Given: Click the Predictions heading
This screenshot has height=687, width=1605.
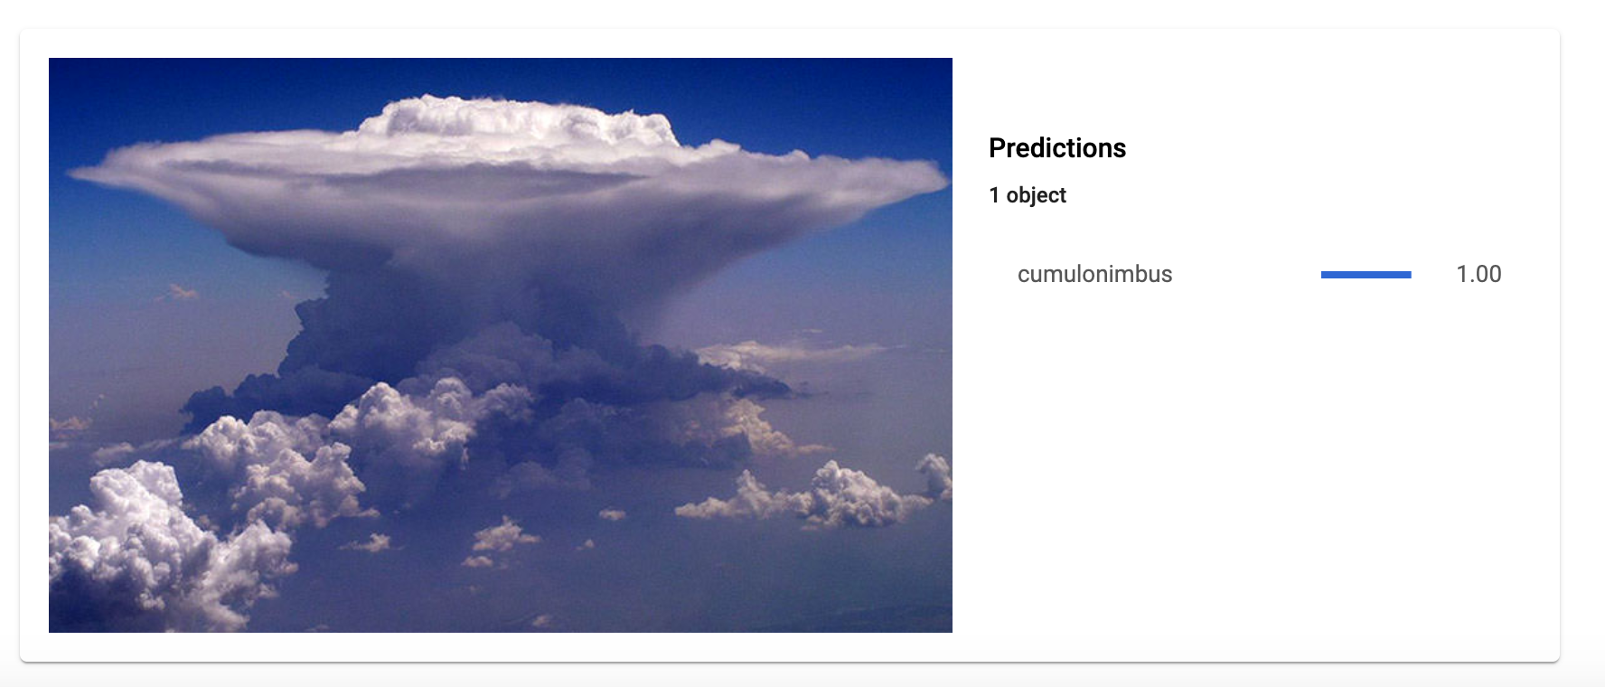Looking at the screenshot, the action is tap(1057, 147).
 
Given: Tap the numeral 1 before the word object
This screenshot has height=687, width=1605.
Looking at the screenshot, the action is tap(994, 195).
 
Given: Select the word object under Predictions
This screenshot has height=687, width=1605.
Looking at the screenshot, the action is tap(1037, 196).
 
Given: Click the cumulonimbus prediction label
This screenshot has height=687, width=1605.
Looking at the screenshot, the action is tap(1094, 274).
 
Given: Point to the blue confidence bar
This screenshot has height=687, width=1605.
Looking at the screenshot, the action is tap(1366, 274).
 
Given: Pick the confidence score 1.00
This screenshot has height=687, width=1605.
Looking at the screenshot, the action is tap(1478, 274).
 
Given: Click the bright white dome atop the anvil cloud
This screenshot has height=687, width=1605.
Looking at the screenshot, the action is tap(520, 122).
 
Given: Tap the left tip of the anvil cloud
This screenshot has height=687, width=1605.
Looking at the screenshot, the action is tap(70, 171).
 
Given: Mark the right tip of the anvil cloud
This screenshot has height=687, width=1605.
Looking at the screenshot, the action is tap(946, 177).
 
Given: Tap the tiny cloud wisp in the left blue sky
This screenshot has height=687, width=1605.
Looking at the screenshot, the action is tap(178, 292).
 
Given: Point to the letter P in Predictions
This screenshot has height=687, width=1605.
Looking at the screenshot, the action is tap(997, 147).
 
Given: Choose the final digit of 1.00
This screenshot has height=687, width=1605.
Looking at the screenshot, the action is tap(1495, 274).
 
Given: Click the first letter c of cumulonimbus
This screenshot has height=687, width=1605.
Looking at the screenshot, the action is tap(1024, 275).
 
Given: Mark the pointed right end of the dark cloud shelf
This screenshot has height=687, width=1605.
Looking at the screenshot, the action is tap(792, 391).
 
